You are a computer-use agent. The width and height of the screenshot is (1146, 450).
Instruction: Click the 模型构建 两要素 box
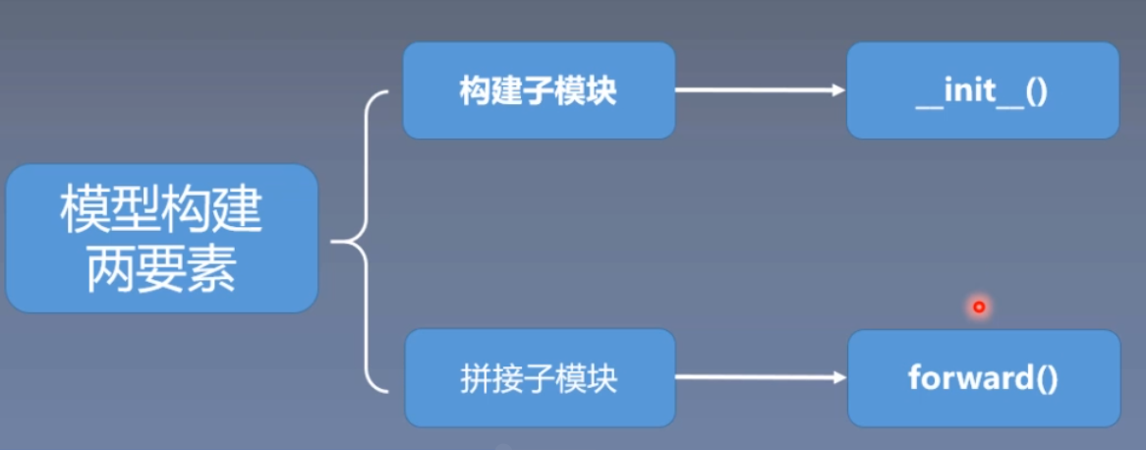pyautogui.click(x=161, y=239)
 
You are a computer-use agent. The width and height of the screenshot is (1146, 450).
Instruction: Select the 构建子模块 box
pyautogui.click(x=539, y=90)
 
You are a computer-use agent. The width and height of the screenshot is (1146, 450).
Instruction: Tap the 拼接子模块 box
pyautogui.click(x=539, y=377)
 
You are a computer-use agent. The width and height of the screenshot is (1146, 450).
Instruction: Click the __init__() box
pyautogui.click(x=982, y=90)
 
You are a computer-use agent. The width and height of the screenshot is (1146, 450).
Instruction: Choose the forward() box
pyautogui.click(x=983, y=377)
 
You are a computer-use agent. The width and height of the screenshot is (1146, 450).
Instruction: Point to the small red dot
pyautogui.click(x=978, y=308)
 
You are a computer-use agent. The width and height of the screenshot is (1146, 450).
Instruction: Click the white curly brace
pyautogui.click(x=362, y=239)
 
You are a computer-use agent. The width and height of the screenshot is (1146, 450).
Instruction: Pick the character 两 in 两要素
pyautogui.click(x=111, y=269)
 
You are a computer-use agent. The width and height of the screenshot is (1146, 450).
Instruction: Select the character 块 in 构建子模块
pyautogui.click(x=602, y=91)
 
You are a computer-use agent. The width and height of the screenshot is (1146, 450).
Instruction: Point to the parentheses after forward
pyautogui.click(x=1046, y=378)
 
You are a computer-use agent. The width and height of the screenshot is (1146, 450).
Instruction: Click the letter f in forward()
pyautogui.click(x=913, y=377)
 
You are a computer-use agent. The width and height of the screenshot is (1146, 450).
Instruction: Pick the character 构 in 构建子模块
pyautogui.click(x=475, y=91)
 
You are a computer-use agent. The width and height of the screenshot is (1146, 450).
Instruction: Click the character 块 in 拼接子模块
pyautogui.click(x=602, y=378)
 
